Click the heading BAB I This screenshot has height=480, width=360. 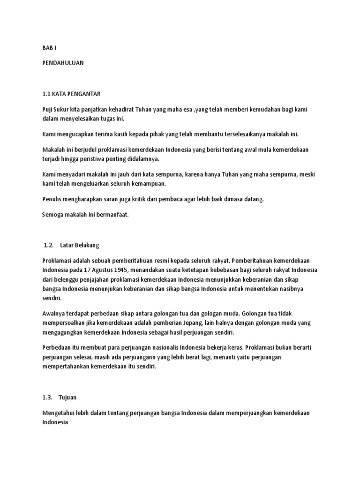49,48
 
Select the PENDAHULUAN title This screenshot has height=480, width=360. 63,63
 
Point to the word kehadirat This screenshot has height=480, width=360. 120,109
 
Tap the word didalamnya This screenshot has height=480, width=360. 142,159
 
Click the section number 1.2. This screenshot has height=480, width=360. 49,245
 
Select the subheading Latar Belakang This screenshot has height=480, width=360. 80,245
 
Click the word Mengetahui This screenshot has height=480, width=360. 61,413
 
